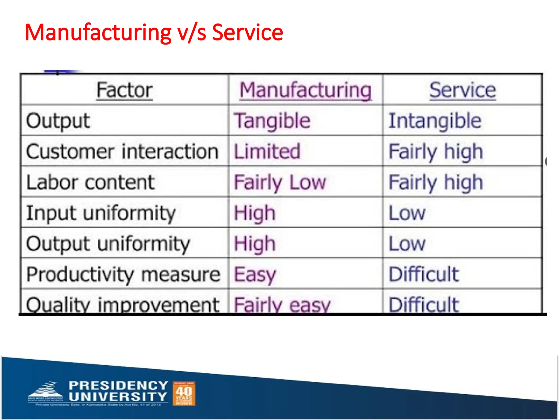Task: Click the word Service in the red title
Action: (x=247, y=33)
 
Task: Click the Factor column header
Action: (x=124, y=90)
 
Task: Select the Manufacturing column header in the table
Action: (x=305, y=90)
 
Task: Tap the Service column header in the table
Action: (x=462, y=90)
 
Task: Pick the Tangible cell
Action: (x=272, y=121)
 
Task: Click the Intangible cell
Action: (x=435, y=121)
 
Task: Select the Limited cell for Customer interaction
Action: (x=267, y=151)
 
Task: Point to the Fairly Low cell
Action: (x=280, y=182)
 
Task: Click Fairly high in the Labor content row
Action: (x=436, y=182)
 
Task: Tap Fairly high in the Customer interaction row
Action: (x=436, y=151)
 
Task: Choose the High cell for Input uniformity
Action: (x=255, y=213)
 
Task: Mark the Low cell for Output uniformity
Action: (x=407, y=244)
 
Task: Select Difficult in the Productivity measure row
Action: (x=424, y=274)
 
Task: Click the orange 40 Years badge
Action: (x=184, y=393)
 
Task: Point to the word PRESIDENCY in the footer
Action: (x=118, y=386)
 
